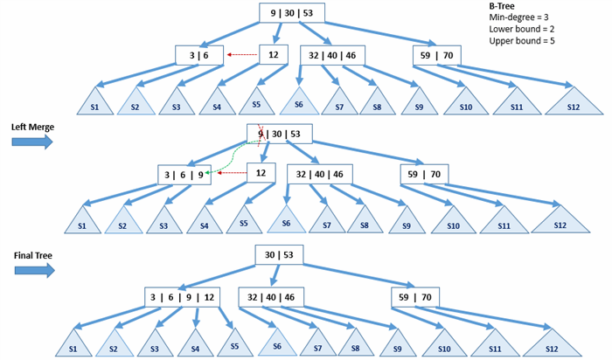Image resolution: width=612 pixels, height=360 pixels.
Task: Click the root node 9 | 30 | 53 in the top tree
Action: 292,13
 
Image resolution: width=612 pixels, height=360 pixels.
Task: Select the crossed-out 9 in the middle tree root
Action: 261,134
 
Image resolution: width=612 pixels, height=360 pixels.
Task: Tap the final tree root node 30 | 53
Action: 279,255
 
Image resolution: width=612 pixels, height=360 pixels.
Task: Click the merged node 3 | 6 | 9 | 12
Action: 182,298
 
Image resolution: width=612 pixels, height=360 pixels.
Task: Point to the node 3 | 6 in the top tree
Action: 199,55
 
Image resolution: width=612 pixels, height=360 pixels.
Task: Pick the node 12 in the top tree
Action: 274,54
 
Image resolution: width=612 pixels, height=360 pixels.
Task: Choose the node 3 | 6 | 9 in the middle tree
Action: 184,175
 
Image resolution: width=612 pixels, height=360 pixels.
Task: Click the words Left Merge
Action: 33,128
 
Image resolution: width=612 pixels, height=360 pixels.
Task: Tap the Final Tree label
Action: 33,255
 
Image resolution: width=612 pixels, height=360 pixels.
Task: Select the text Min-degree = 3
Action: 518,17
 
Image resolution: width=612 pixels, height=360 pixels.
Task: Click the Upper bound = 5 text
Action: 522,41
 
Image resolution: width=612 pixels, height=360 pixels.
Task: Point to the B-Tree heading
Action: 502,6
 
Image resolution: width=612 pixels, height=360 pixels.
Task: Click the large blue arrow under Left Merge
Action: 32,142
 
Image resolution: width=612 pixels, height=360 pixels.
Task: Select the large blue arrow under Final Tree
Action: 35,270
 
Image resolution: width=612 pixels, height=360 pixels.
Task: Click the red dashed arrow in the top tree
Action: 242,55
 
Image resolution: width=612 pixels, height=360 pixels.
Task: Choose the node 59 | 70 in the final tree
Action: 415,298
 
